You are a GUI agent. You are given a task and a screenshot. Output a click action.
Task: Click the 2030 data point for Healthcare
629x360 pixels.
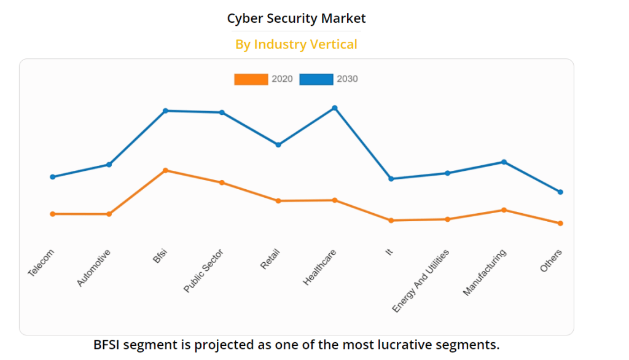[x=335, y=108]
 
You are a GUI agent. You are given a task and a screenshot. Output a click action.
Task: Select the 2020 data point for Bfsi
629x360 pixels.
[x=166, y=170]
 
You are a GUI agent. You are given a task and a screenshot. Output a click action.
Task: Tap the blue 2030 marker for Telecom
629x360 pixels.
[x=53, y=177]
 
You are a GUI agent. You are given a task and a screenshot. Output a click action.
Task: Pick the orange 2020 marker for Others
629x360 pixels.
[x=560, y=224]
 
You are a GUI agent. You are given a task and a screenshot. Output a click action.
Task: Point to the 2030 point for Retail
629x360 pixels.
[x=278, y=145]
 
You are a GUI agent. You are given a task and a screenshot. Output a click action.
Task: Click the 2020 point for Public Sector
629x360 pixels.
[x=222, y=182]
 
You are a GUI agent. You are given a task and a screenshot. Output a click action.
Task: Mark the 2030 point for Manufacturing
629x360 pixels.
[x=504, y=162]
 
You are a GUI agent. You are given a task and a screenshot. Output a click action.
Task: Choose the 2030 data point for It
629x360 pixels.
[x=391, y=179]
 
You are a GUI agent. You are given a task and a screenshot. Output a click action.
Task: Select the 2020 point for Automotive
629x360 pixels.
[x=109, y=214]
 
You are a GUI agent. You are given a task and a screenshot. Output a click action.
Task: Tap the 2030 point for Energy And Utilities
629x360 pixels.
[x=447, y=173]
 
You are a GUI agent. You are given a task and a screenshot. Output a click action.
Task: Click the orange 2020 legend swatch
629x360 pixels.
[x=251, y=79]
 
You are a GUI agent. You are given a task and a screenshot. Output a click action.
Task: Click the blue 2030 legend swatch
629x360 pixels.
[x=316, y=79]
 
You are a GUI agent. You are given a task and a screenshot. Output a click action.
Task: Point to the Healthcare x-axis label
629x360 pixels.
[x=320, y=267]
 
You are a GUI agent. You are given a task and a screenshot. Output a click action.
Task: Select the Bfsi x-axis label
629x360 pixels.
[x=160, y=256]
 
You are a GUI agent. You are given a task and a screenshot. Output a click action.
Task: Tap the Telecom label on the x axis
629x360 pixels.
[x=41, y=263]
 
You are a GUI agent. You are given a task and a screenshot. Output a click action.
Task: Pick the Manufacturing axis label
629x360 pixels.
[x=485, y=272]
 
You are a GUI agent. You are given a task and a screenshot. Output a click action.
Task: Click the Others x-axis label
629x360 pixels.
[x=551, y=261]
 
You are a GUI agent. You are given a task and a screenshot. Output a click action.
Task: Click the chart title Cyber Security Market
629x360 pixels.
[x=296, y=18]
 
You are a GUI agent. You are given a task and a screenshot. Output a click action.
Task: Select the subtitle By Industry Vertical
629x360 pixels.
[x=296, y=44]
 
